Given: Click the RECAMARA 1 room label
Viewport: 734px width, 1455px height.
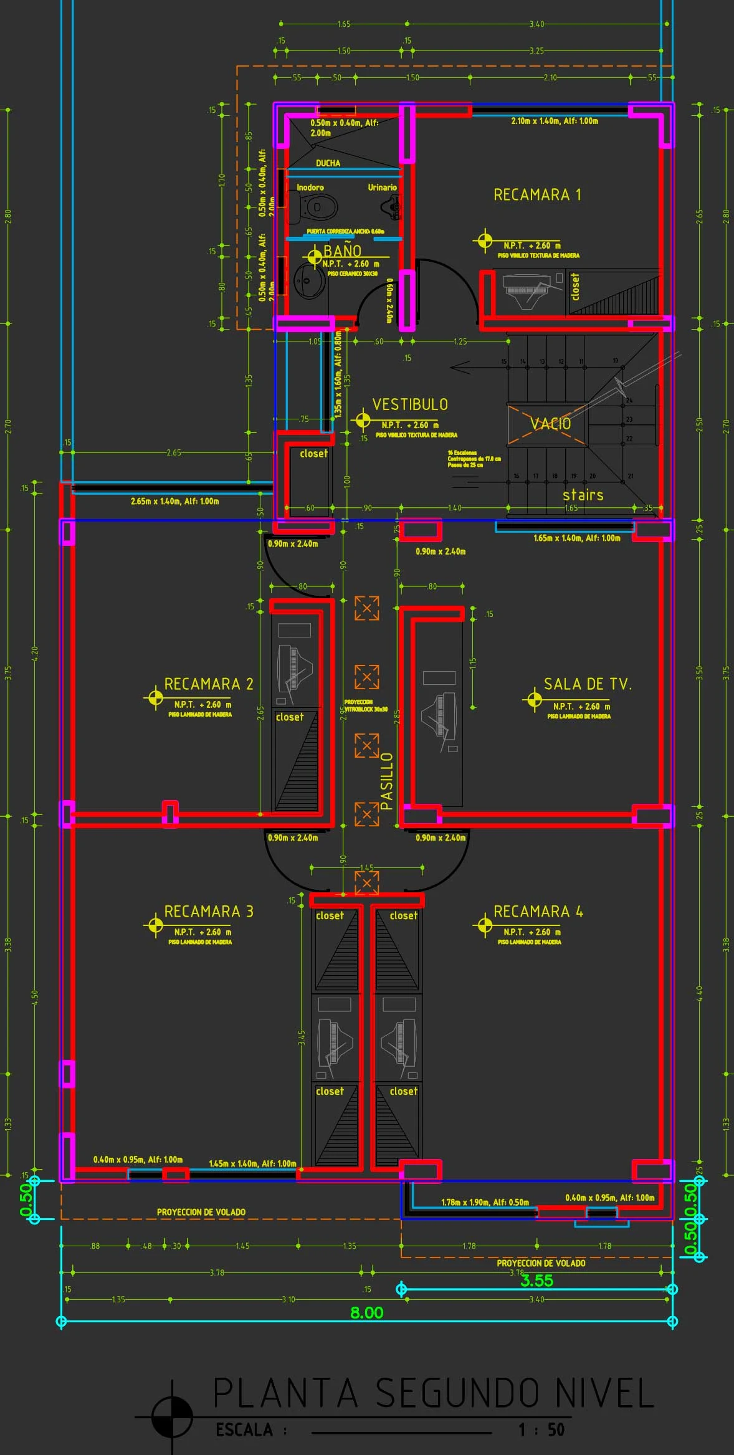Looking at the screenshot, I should [537, 194].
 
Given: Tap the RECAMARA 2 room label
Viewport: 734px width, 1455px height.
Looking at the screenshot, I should [209, 684].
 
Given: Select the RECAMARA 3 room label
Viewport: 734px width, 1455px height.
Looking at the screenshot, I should [209, 911].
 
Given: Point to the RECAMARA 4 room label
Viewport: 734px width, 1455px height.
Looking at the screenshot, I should [538, 911].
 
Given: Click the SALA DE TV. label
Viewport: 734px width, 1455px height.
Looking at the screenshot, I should [588, 684].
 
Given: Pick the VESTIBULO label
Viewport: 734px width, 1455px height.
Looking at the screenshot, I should [410, 404].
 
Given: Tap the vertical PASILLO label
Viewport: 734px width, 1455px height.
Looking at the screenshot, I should [387, 781].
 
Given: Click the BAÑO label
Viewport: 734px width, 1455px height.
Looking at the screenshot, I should [343, 250].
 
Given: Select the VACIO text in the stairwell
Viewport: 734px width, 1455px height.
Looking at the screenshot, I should [550, 424].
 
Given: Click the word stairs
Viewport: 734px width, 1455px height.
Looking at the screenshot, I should [583, 495].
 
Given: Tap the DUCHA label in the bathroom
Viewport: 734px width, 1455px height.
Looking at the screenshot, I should [328, 163].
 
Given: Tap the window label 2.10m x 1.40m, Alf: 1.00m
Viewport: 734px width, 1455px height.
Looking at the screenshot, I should [554, 121].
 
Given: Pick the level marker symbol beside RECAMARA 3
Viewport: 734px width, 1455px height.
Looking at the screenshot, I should [154, 925].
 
